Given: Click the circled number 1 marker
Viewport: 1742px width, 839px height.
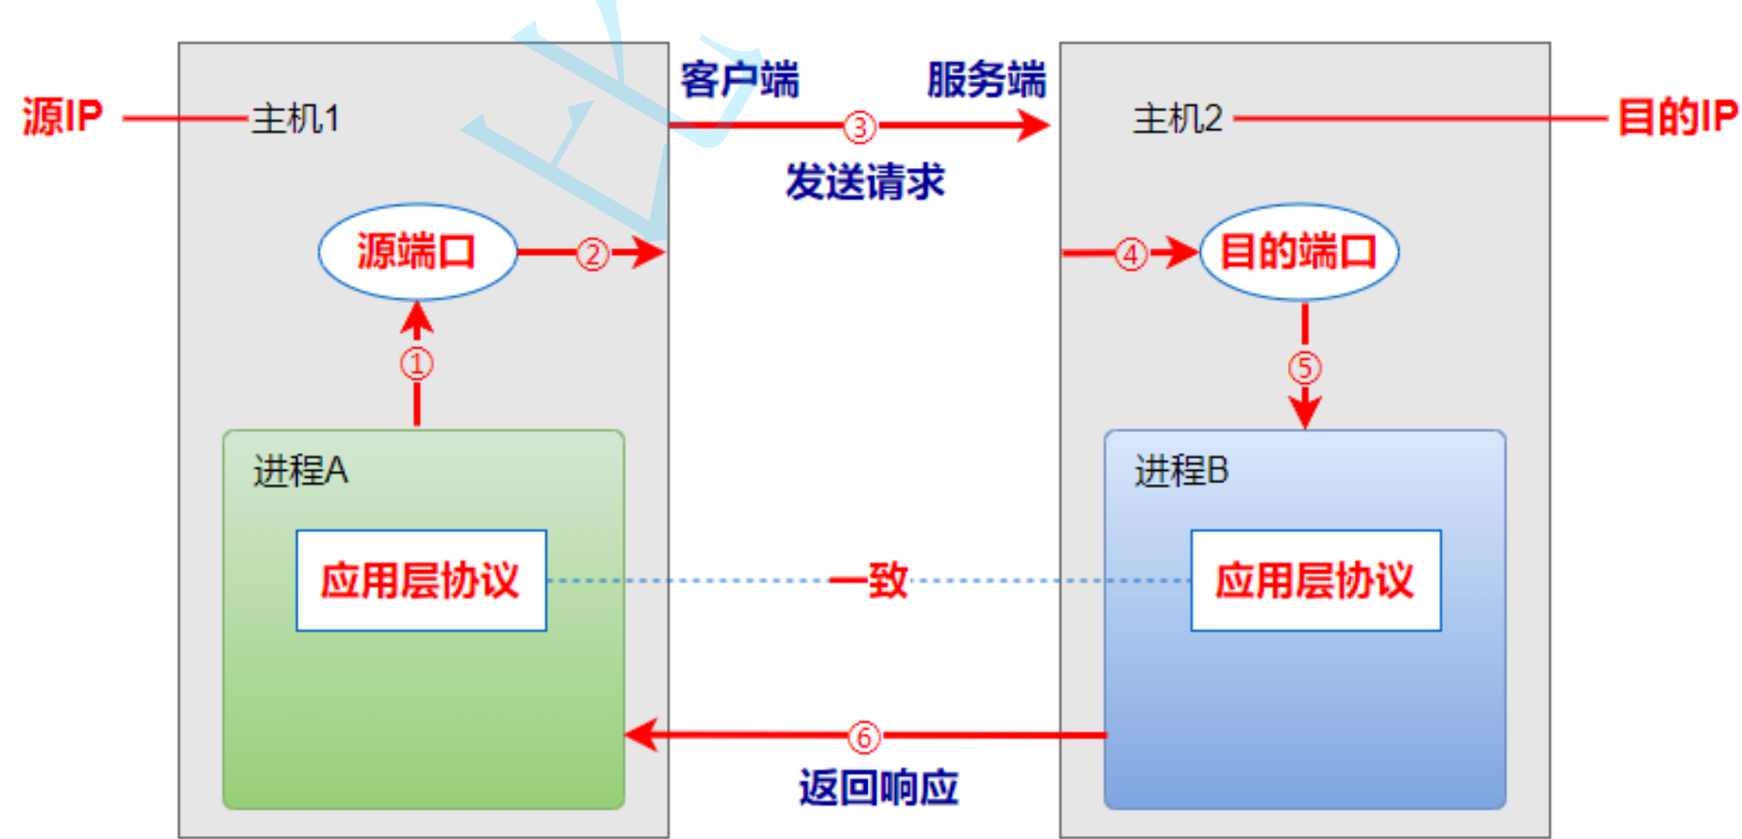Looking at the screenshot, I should pyautogui.click(x=416, y=363).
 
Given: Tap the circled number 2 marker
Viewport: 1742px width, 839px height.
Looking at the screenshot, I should pyautogui.click(x=592, y=253).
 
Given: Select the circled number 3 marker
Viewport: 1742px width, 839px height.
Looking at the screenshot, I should pyautogui.click(x=859, y=126).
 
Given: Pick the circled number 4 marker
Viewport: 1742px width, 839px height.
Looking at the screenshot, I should pyautogui.click(x=1130, y=253).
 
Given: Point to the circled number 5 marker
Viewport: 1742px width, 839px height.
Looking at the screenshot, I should pyautogui.click(x=1305, y=367).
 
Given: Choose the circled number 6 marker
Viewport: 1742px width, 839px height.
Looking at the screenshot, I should pyautogui.click(x=864, y=736).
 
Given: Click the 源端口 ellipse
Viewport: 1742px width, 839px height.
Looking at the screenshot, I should pyautogui.click(x=417, y=252).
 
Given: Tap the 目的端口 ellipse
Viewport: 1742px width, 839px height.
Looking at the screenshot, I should pyautogui.click(x=1298, y=252).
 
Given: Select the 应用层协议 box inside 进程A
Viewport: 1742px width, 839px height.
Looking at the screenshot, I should pyautogui.click(x=421, y=580).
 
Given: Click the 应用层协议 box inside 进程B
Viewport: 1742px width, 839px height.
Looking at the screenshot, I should pyautogui.click(x=1315, y=580).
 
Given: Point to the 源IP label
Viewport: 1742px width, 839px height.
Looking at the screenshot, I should pyautogui.click(x=62, y=117).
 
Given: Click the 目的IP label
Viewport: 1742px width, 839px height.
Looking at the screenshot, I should pyautogui.click(x=1677, y=117).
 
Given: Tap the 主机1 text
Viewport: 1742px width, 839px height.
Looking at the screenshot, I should pyautogui.click(x=296, y=119).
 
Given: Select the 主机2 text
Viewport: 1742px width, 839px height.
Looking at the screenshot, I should pyautogui.click(x=1177, y=119).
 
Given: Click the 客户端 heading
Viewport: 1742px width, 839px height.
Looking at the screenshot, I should pyautogui.click(x=739, y=79).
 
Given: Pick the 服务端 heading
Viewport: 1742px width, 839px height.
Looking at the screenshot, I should pyautogui.click(x=987, y=79).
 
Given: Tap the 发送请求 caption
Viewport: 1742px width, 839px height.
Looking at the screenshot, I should pyautogui.click(x=865, y=181).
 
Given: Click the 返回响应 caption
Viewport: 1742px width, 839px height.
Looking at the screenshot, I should pyautogui.click(x=878, y=787).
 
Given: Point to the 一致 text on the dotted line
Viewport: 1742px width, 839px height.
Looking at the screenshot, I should pyautogui.click(x=870, y=579).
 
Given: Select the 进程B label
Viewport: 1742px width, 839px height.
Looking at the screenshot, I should pyautogui.click(x=1181, y=470).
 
